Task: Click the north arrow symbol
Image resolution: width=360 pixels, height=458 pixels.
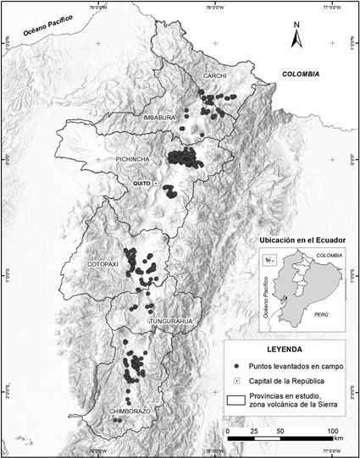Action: (296, 38)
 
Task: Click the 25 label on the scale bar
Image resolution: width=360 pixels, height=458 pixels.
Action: (255, 432)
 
